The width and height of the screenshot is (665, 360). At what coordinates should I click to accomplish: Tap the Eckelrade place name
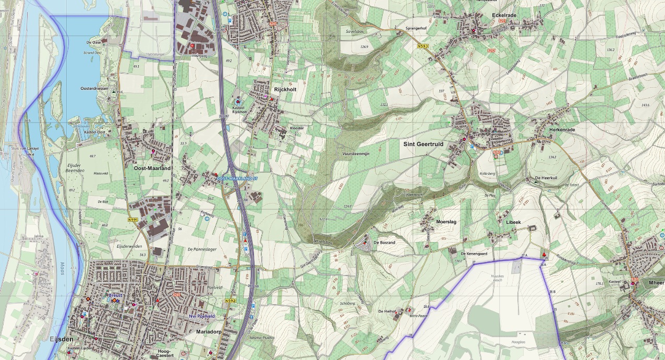(x=504, y=16)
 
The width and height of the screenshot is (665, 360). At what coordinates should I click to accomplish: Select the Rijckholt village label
(x=285, y=89)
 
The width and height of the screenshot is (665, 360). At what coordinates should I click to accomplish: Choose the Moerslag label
(x=446, y=222)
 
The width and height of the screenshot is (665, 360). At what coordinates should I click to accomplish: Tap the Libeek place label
(x=513, y=222)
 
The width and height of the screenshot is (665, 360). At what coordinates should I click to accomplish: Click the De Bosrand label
(x=384, y=243)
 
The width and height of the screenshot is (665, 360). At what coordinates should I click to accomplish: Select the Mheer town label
(x=657, y=282)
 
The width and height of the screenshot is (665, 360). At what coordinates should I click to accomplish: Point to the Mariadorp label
(x=209, y=331)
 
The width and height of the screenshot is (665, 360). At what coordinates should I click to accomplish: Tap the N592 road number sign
(x=230, y=301)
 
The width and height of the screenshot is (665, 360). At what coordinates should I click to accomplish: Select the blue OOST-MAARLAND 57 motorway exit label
(x=237, y=178)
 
